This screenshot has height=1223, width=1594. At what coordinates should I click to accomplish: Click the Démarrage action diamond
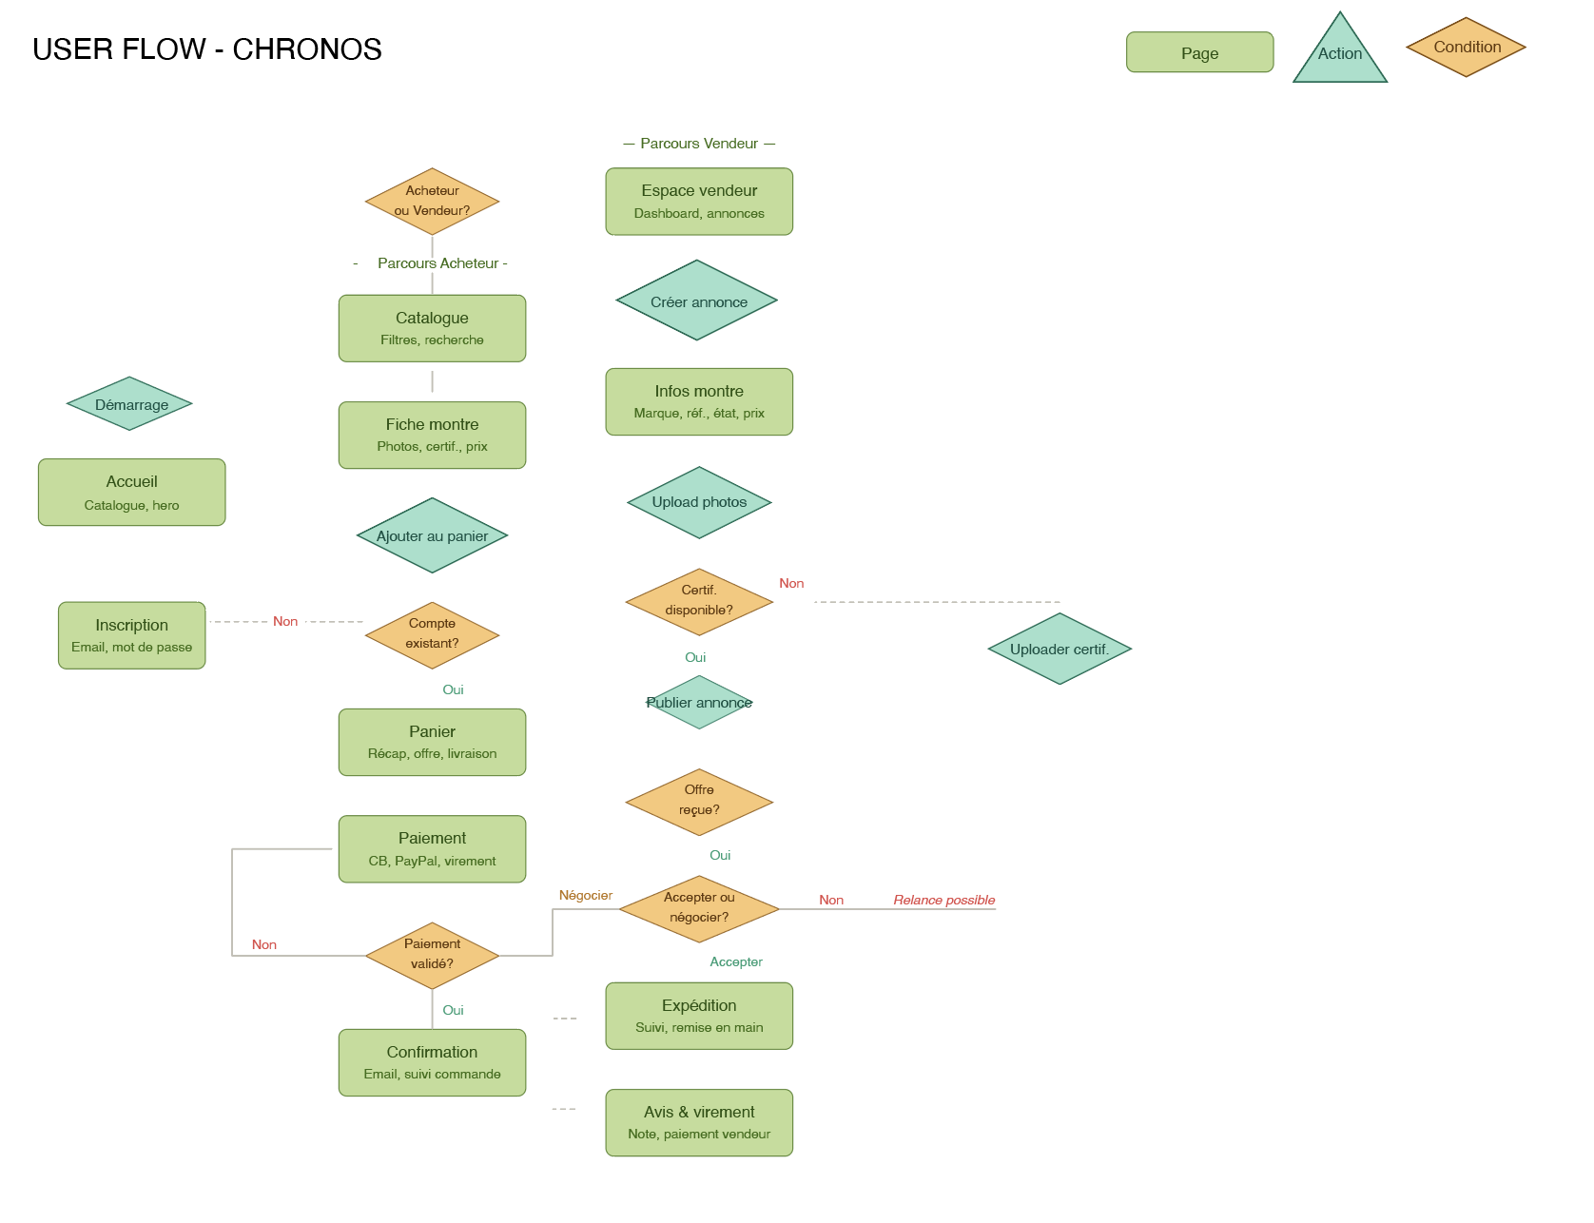point(130,404)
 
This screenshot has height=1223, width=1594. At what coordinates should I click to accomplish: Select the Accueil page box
point(131,493)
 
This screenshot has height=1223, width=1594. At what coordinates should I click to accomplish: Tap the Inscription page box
point(131,635)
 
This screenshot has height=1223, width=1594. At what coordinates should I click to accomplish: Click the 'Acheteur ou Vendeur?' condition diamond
point(432,202)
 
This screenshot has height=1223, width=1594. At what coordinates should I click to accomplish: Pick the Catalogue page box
point(432,328)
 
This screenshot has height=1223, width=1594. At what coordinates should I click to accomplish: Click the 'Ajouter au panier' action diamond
point(432,535)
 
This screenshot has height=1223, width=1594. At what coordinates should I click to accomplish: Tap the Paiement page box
point(432,849)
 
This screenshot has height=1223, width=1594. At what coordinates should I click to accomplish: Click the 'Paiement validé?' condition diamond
point(432,955)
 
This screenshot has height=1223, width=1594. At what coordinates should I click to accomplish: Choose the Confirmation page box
point(432,1062)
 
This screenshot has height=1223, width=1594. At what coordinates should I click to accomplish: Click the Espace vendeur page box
point(699,202)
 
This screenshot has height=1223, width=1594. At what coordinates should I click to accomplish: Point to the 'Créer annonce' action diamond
point(697,301)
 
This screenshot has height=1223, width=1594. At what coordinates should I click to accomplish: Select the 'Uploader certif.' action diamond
point(1059,649)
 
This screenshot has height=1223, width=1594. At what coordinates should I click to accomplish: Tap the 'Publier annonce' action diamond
point(699,703)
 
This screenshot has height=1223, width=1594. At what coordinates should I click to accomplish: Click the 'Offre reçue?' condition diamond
point(699,802)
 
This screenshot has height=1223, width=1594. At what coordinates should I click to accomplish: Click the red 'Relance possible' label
point(943,900)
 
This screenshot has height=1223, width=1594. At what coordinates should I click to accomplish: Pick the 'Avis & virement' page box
point(699,1122)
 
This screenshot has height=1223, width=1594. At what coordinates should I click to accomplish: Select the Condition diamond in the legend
point(1466,47)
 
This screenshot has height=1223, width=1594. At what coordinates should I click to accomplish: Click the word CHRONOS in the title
point(307,49)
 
